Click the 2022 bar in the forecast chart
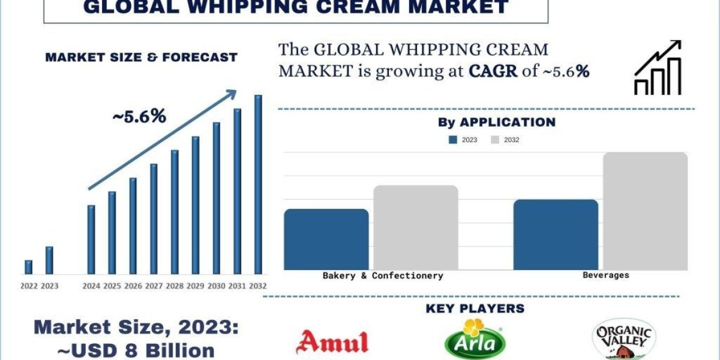(x=28, y=267)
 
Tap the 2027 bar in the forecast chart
(x=154, y=218)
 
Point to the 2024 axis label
(x=91, y=286)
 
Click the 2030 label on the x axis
(x=216, y=286)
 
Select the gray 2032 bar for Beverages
(x=645, y=211)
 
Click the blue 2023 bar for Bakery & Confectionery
(x=326, y=239)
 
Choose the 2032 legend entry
(x=505, y=140)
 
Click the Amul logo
(x=332, y=341)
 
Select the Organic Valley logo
(x=623, y=339)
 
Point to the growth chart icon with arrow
(x=658, y=68)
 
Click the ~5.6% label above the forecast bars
(x=139, y=117)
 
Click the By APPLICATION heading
(x=496, y=122)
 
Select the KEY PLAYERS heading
(x=475, y=308)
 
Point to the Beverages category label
(x=606, y=275)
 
